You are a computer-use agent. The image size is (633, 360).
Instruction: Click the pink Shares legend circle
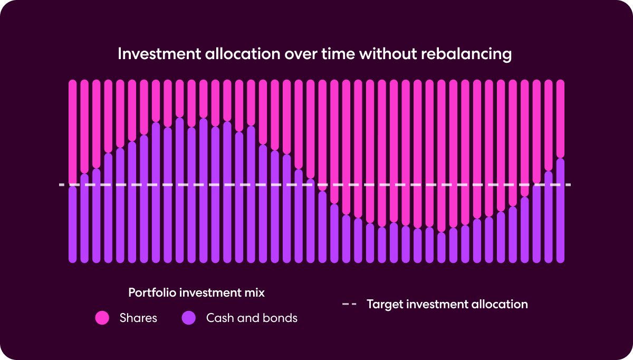point(102,318)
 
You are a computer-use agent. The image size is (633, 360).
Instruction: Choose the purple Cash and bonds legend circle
point(188,318)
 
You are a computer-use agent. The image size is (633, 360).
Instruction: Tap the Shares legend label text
point(138,318)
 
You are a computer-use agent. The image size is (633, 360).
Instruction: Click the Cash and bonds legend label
point(252,318)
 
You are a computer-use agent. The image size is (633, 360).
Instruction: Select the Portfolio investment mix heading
point(196,292)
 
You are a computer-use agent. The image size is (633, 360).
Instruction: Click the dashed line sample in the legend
point(349,305)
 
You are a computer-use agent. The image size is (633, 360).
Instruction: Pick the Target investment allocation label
point(447,305)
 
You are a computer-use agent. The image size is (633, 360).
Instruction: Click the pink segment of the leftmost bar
point(73,132)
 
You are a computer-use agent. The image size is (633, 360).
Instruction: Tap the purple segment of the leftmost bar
point(73,224)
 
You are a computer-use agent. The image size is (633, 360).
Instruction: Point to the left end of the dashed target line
point(60,185)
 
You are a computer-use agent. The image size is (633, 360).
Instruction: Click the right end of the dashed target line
point(570,185)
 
